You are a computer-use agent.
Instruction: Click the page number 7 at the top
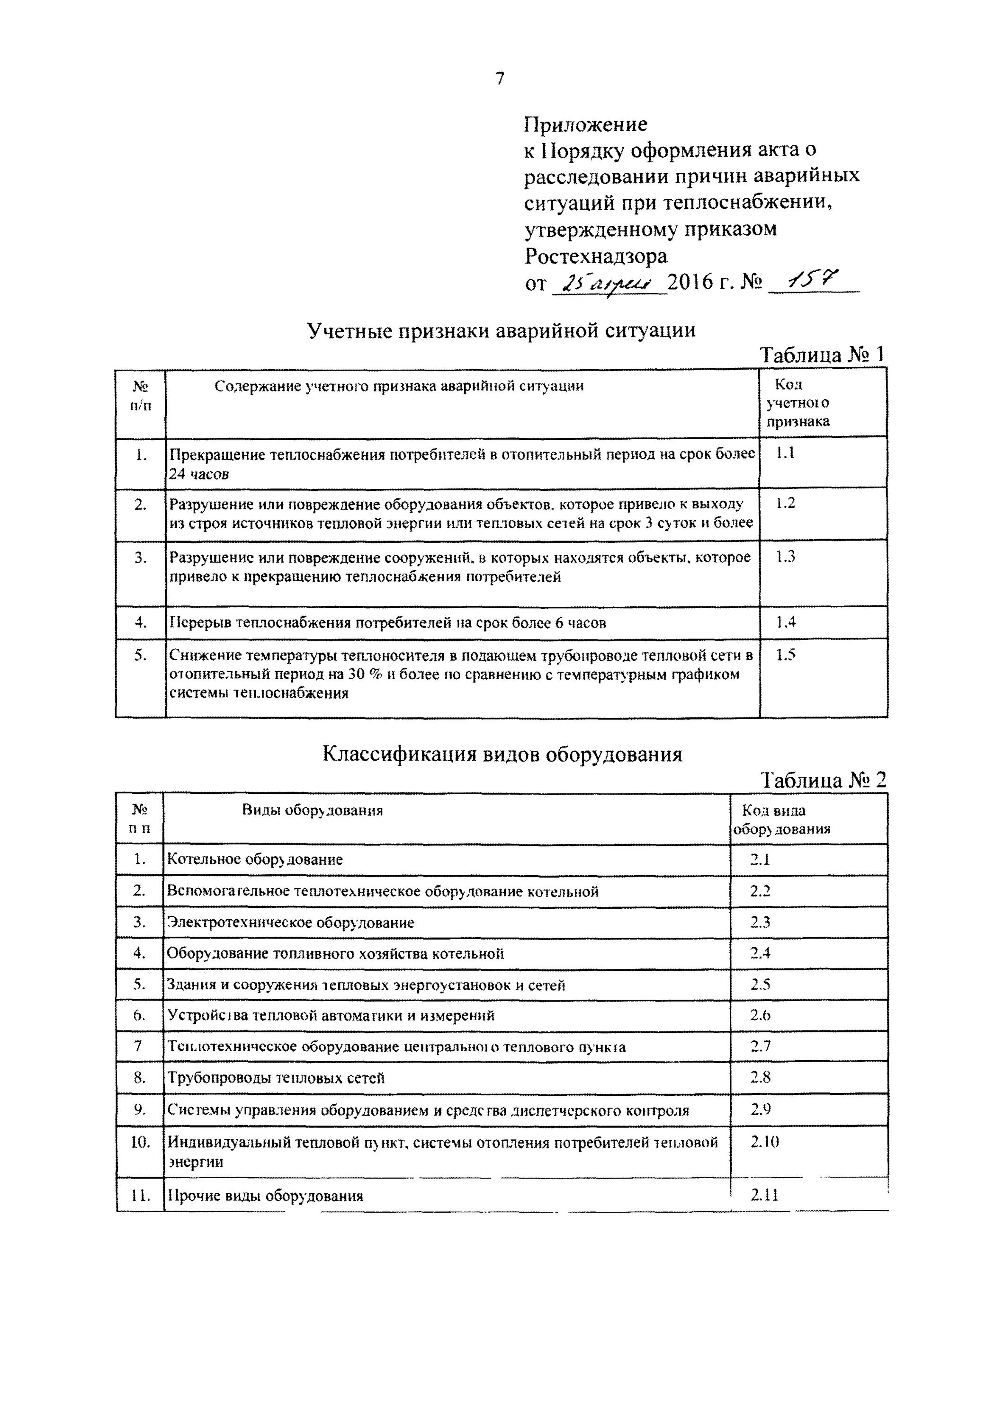tap(500, 79)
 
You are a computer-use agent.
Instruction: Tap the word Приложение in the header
tap(585, 124)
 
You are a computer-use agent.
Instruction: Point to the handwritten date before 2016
tap(608, 284)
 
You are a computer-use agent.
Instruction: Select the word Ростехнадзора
tap(596, 256)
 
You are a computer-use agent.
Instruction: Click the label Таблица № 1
tap(822, 355)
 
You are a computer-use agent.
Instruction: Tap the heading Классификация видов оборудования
tap(502, 754)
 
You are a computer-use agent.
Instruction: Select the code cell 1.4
tap(786, 621)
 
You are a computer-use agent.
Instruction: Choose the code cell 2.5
tap(760, 985)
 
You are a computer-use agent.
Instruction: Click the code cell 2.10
tap(764, 1142)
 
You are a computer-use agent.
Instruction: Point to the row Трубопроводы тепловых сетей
tap(276, 1078)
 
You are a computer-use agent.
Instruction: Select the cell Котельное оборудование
tap(255, 859)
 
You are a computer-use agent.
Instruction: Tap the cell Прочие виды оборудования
tap(265, 1196)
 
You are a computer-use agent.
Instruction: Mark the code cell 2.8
tap(760, 1077)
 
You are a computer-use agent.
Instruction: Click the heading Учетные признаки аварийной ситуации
tap(501, 330)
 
